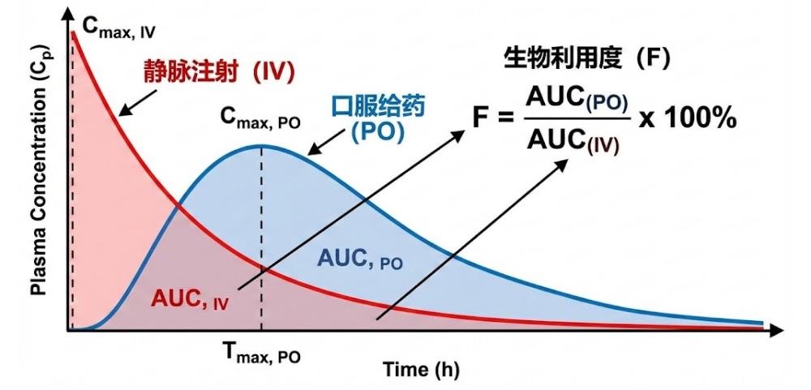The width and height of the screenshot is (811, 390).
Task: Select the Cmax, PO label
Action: pyautogui.click(x=260, y=119)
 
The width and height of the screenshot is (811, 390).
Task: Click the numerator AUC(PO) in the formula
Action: pyautogui.click(x=577, y=99)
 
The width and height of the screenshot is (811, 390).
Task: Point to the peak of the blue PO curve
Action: pyautogui.click(x=261, y=146)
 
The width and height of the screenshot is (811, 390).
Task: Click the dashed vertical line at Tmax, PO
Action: pyautogui.click(x=261, y=243)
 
